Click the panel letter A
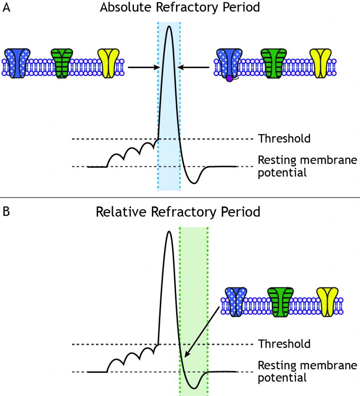pyautogui.click(x=7, y=9)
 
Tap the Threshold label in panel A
pyautogui.click(x=284, y=138)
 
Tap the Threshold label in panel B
pyautogui.click(x=284, y=343)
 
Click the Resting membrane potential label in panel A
pyautogui.click(x=307, y=166)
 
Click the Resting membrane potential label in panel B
pyautogui.click(x=307, y=371)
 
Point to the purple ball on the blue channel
pyautogui.click(x=229, y=79)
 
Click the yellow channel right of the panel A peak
pyautogui.click(x=320, y=63)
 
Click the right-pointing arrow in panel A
pyautogui.click(x=143, y=67)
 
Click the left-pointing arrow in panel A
pyautogui.click(x=194, y=67)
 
